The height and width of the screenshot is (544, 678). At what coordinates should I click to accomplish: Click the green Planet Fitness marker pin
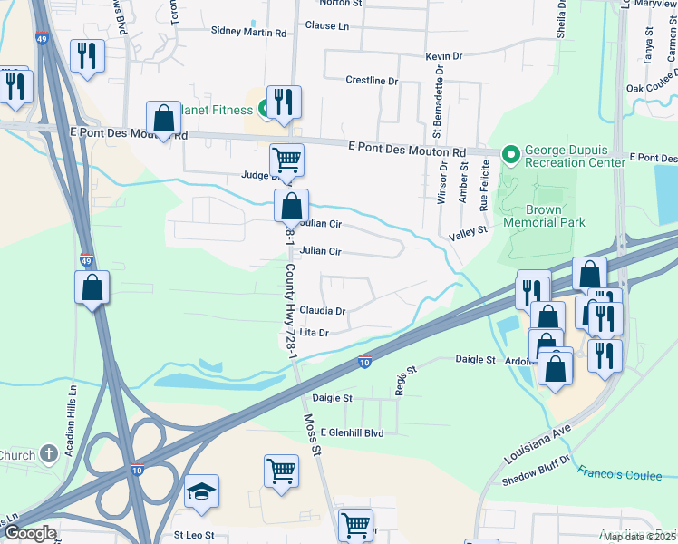click(263, 109)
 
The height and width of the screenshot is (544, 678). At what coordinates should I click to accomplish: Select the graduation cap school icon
click(201, 493)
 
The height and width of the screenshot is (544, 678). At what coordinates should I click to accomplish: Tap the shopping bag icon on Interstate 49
click(92, 288)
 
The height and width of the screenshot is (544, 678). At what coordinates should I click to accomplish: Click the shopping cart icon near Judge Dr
click(286, 160)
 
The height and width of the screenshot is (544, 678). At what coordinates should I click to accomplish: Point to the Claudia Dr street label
click(323, 311)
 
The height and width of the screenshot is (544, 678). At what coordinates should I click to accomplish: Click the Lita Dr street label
click(313, 333)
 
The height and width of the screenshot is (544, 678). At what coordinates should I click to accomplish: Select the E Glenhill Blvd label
click(352, 433)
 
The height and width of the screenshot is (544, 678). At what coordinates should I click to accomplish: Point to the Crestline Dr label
click(372, 81)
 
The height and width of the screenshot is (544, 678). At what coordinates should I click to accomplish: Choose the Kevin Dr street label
click(444, 57)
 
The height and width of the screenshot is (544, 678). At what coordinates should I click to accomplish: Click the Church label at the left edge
click(16, 455)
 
